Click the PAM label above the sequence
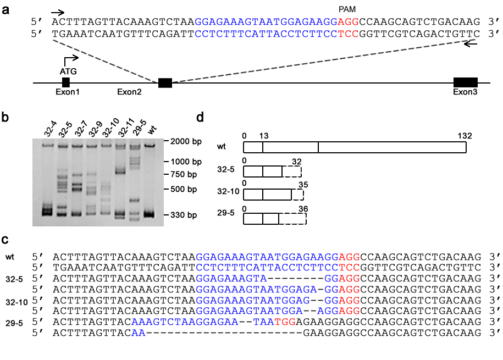[x=347, y=10]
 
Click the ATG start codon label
[x=68, y=71]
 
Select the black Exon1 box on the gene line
[x=66, y=82]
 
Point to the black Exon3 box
[x=466, y=82]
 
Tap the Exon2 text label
[x=129, y=92]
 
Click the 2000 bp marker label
[x=186, y=141]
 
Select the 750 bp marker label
[x=184, y=174]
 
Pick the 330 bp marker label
[x=184, y=215]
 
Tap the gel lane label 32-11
[x=126, y=128]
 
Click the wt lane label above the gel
[x=152, y=130]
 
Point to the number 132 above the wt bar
[x=465, y=136]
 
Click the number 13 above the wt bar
[x=264, y=136]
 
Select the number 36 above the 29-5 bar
[x=303, y=209]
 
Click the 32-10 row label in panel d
[x=228, y=192]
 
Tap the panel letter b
[x=5, y=118]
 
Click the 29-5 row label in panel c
[x=14, y=323]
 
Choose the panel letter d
[x=200, y=118]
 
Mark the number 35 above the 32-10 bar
[x=303, y=185]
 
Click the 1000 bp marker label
[x=186, y=162]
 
